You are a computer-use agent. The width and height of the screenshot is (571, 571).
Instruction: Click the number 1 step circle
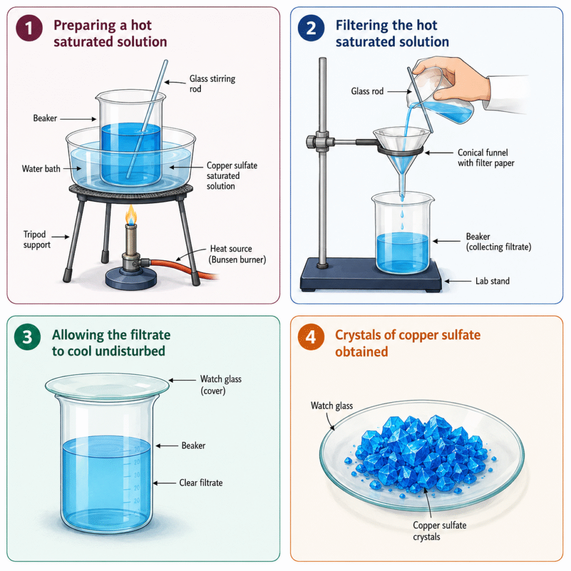(x=29, y=28)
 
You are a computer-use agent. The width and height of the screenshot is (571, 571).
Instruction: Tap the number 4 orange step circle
(x=311, y=337)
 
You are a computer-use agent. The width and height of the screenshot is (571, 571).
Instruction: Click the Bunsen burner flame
(x=131, y=215)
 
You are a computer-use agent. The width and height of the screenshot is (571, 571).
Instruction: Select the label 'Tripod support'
(x=37, y=239)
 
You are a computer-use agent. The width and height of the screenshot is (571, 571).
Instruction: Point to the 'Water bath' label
(x=41, y=168)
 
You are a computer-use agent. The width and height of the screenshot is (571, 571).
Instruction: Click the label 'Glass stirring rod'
(x=212, y=84)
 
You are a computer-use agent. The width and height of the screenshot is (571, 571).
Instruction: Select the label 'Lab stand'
(x=492, y=281)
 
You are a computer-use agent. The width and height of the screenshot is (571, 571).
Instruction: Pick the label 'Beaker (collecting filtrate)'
(x=498, y=242)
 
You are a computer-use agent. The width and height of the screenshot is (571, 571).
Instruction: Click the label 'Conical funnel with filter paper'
(x=486, y=158)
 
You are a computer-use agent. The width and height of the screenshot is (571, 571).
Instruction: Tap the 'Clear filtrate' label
(x=201, y=482)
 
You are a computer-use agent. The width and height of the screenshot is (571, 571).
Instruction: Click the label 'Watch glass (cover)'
(x=221, y=385)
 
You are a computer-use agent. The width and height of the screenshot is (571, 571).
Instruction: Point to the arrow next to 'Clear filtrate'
(x=164, y=483)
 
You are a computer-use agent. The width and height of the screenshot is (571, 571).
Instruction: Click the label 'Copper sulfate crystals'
(x=439, y=531)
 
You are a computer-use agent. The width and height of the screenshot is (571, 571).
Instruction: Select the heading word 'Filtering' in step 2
(x=362, y=25)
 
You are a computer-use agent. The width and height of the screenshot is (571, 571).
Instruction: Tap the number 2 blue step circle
(x=311, y=28)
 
